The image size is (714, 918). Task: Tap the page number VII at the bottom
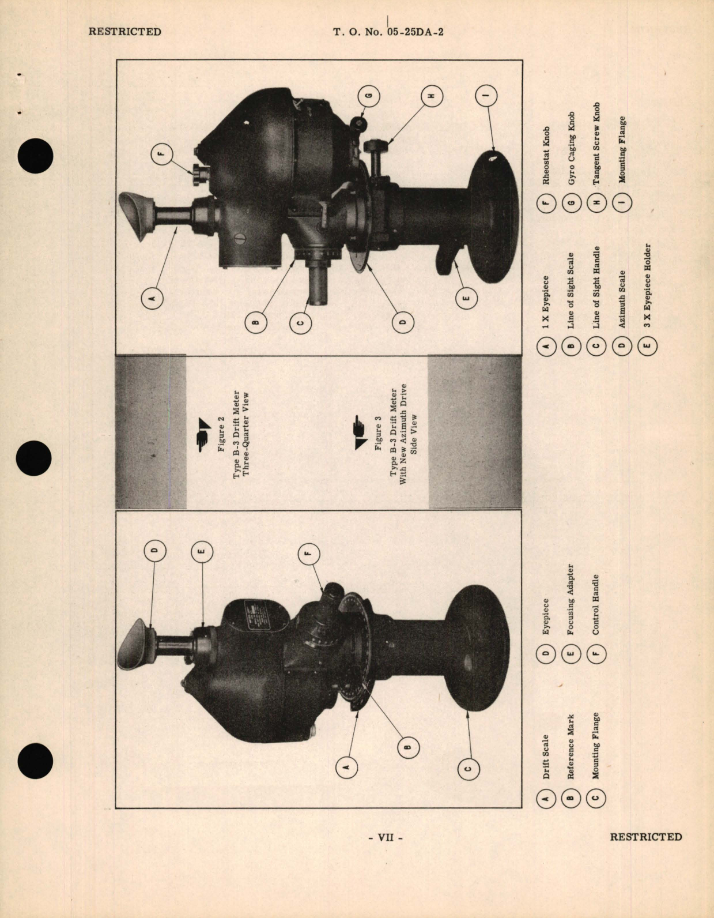(x=385, y=837)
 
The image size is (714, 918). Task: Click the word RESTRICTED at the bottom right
(x=645, y=837)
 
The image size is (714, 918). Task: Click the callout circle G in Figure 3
(x=369, y=95)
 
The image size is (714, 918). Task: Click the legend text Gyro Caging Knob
(x=571, y=148)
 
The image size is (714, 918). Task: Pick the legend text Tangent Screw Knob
(x=596, y=144)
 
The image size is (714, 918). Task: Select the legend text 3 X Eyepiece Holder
(x=647, y=285)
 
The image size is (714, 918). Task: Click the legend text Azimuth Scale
(x=622, y=299)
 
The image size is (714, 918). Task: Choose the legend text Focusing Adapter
(x=571, y=599)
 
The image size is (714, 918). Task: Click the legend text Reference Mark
(x=571, y=747)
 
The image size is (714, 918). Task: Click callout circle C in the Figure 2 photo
(x=467, y=767)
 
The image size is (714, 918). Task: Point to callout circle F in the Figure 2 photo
(x=307, y=554)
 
